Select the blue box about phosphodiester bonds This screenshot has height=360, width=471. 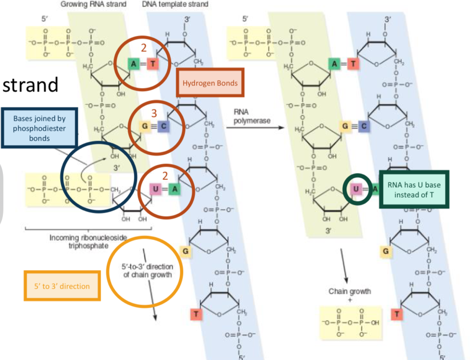pyautogui.click(x=40, y=128)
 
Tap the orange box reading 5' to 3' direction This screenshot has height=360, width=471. pyautogui.click(x=62, y=286)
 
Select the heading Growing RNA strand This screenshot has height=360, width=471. pyautogui.click(x=93, y=4)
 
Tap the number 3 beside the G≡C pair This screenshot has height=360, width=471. pyautogui.click(x=154, y=112)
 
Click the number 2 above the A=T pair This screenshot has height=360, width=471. pyautogui.click(x=144, y=48)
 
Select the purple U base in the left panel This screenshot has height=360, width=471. pyautogui.click(x=155, y=188)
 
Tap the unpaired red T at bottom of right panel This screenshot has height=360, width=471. pyautogui.click(x=396, y=314)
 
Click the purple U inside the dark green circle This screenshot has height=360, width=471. pyautogui.click(x=356, y=188)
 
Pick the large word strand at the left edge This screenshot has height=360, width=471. pyautogui.click(x=30, y=85)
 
